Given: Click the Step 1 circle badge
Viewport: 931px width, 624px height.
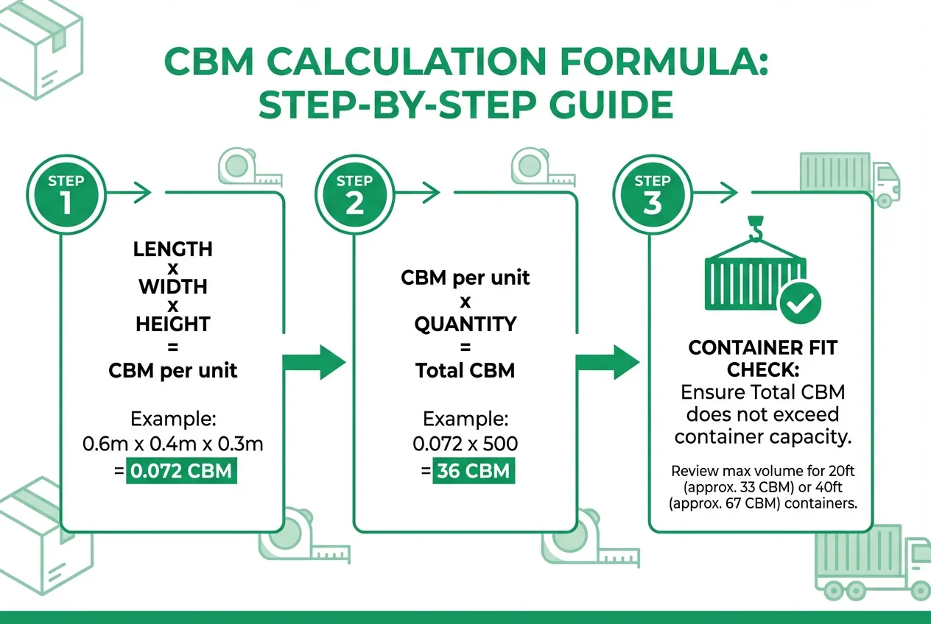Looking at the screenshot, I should [66, 194].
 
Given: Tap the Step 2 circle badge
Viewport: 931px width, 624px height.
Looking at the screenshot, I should [355, 194].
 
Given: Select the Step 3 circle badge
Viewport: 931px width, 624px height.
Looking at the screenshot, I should [653, 194].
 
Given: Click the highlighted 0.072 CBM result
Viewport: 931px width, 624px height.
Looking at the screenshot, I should [182, 470].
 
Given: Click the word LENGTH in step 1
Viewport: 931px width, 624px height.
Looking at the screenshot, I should [173, 249].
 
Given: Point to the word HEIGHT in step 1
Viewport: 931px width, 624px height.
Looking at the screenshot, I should [173, 323].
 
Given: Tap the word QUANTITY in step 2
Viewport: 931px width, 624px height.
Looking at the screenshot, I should [465, 324].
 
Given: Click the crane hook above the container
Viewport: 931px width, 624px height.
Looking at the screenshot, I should [755, 228].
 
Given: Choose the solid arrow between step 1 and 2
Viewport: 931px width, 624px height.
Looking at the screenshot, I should [315, 361].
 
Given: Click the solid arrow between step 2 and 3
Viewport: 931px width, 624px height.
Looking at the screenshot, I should [607, 361].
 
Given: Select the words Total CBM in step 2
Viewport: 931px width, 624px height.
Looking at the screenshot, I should [465, 370].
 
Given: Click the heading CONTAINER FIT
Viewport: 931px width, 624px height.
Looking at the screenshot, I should [762, 347].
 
